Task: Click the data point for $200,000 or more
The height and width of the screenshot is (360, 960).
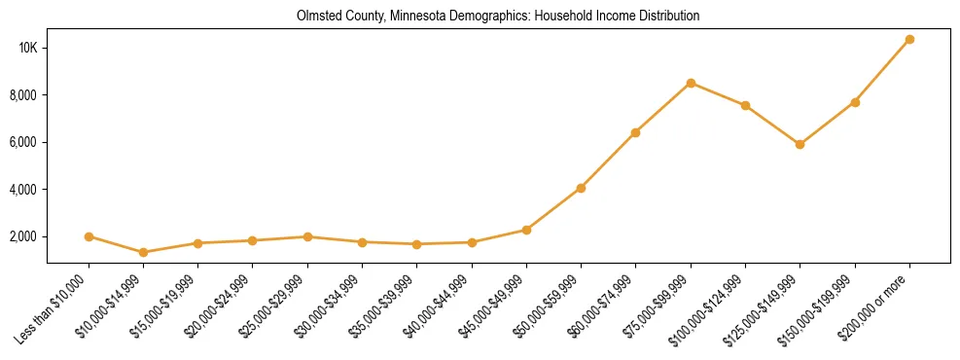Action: pos(909,40)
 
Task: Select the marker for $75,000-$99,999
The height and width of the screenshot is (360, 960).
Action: pos(691,83)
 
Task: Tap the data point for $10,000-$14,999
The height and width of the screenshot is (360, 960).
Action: pos(143,252)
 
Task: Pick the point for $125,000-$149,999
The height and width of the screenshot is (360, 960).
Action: pos(800,144)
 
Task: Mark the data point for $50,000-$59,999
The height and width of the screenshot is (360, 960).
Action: pos(581,188)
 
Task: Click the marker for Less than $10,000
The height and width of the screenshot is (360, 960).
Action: pos(89,236)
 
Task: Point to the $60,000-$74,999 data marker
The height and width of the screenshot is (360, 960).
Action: pos(635,132)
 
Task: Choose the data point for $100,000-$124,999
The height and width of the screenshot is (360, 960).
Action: pos(745,105)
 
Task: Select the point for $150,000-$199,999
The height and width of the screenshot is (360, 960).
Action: pos(855,102)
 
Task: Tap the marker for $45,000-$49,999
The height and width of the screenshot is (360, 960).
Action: pos(526,230)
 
